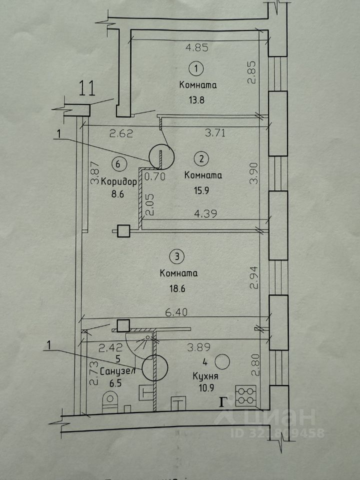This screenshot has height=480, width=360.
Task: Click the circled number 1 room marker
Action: (196, 67)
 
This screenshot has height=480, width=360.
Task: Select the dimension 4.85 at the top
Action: (196, 48)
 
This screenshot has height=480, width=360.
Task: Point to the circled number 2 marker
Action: (201, 159)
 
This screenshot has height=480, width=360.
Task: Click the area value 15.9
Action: (200, 190)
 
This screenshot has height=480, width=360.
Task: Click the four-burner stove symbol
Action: (245, 396)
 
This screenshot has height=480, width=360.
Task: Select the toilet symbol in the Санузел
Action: (110, 402)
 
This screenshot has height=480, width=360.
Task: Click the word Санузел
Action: (118, 371)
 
